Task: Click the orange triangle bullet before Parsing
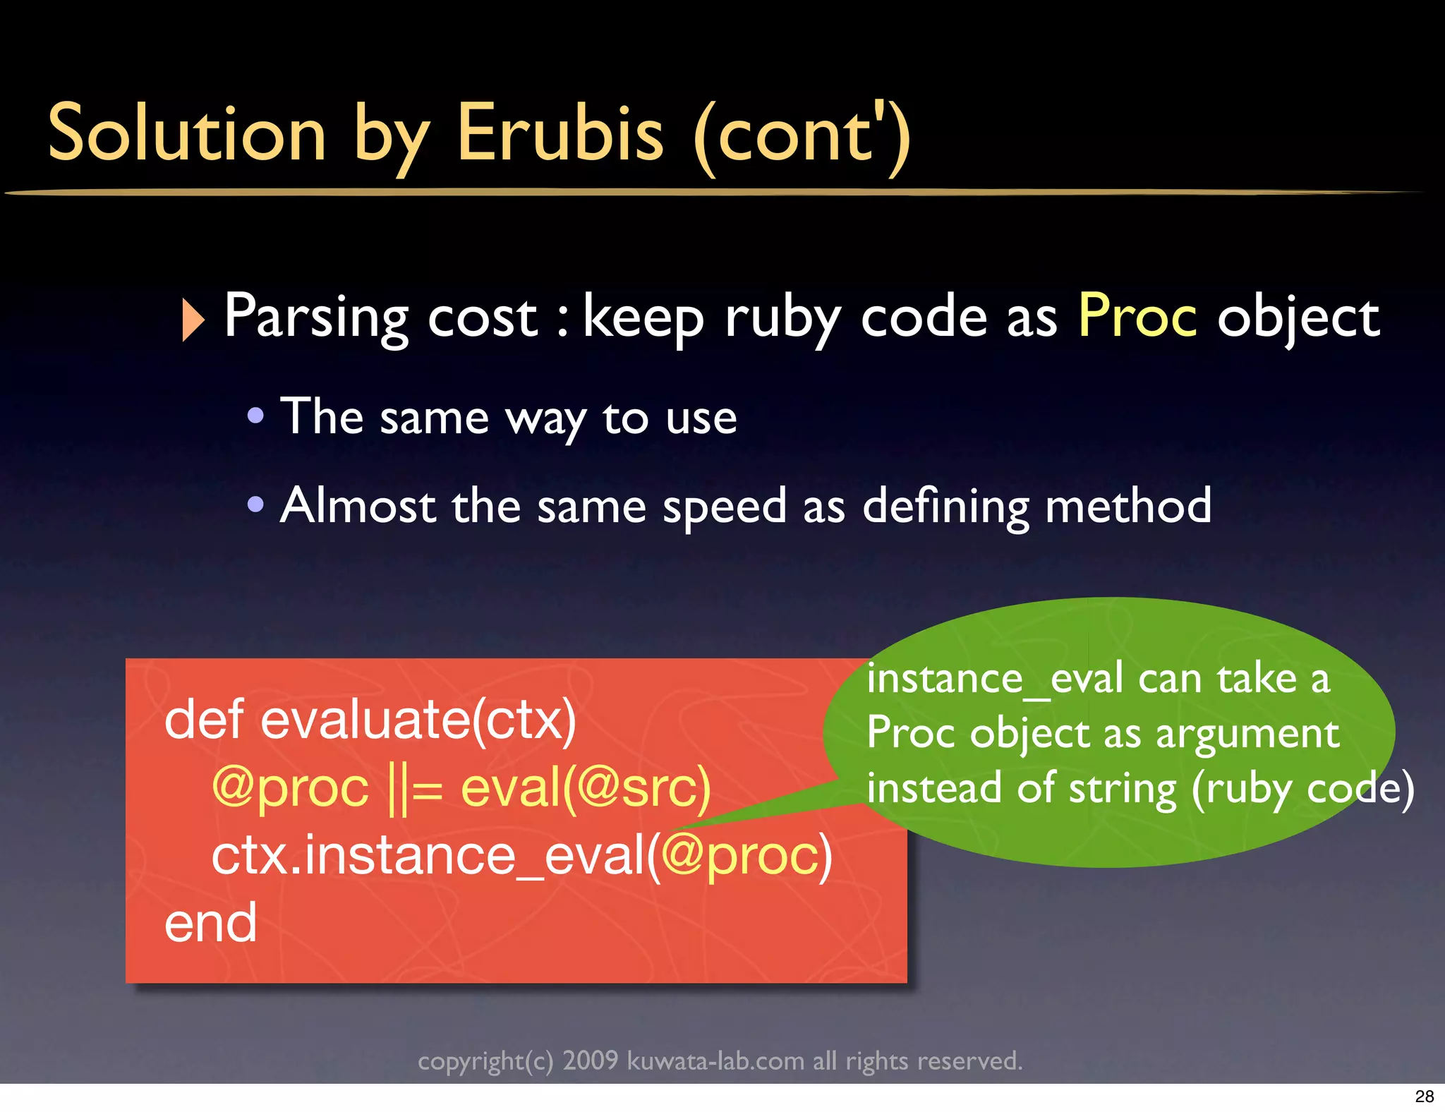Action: pyautogui.click(x=192, y=320)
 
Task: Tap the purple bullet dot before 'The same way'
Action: pyautogui.click(x=255, y=416)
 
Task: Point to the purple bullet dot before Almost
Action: pyautogui.click(x=255, y=504)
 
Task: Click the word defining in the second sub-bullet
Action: pyautogui.click(x=945, y=507)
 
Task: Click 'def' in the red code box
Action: pyautogui.click(x=204, y=720)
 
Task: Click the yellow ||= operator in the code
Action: pyautogui.click(x=416, y=788)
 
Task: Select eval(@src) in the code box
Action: pyautogui.click(x=585, y=788)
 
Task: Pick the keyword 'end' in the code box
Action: pyautogui.click(x=210, y=923)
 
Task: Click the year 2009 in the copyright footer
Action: pyautogui.click(x=590, y=1060)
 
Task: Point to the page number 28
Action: pyautogui.click(x=1424, y=1096)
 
